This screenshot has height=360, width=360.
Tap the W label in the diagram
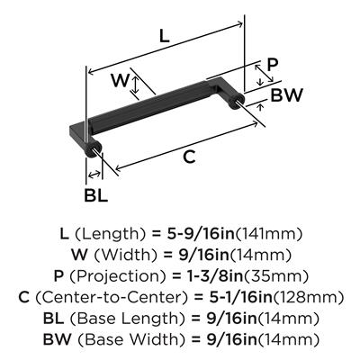[120, 80]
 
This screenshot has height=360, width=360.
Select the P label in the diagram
[273, 65]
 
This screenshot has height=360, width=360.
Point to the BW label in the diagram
[286, 95]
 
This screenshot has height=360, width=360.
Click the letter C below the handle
[189, 157]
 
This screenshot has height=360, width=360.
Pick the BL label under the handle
[95, 195]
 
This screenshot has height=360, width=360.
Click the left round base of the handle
[93, 148]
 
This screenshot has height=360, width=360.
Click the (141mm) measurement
[268, 234]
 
